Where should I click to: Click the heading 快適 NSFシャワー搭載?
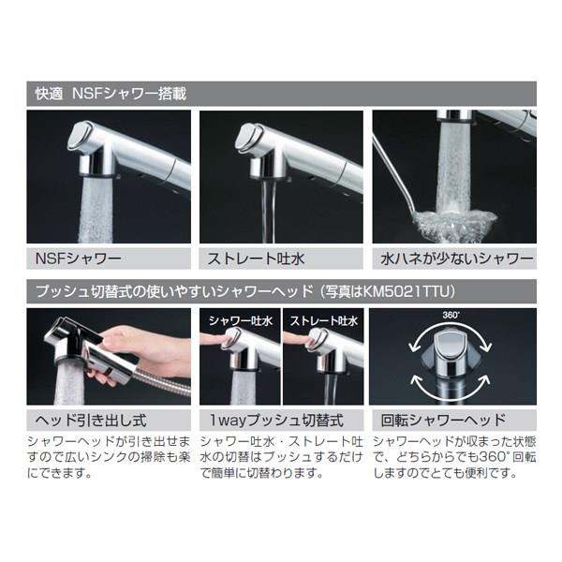(111, 94)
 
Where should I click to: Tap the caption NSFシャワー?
(79, 259)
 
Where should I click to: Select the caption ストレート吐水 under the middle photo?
(257, 259)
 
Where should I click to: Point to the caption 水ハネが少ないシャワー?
(457, 259)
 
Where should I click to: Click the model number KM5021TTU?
(406, 291)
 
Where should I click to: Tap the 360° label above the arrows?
(451, 315)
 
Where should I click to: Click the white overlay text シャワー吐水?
(241, 320)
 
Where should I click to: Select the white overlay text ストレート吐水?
(324, 320)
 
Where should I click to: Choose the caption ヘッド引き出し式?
(91, 421)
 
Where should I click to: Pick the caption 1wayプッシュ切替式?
(276, 421)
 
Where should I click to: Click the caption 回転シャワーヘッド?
(443, 421)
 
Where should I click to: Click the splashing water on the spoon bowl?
(455, 222)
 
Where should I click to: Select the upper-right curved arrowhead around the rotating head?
(486, 347)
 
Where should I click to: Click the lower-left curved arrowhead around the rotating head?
(416, 380)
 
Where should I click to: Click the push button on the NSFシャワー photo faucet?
(78, 136)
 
